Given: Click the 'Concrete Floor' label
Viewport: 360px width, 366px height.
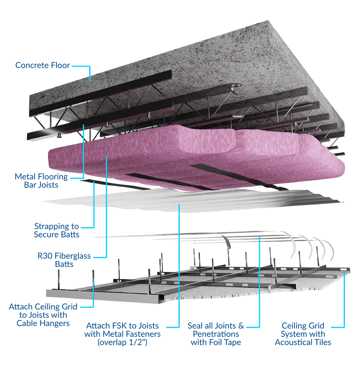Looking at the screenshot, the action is pyautogui.click(x=42, y=65).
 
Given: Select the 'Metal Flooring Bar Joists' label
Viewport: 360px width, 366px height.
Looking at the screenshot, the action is pyautogui.click(x=41, y=181).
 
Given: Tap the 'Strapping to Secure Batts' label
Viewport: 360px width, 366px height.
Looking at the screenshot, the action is pyautogui.click(x=57, y=231).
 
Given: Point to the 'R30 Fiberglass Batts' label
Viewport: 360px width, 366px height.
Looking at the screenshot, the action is pyautogui.click(x=64, y=260).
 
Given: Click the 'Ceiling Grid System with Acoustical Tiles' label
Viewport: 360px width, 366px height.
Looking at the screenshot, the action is pyautogui.click(x=303, y=334).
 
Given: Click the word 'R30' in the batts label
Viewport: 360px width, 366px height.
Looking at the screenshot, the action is pyautogui.click(x=45, y=256).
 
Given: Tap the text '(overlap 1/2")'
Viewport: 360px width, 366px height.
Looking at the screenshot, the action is pyautogui.click(x=122, y=343).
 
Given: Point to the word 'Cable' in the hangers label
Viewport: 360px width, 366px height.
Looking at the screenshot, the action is pyautogui.click(x=26, y=323).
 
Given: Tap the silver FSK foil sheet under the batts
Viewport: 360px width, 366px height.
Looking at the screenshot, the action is pyautogui.click(x=194, y=200).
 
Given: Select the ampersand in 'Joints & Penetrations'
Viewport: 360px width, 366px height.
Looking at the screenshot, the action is pyautogui.click(x=241, y=326).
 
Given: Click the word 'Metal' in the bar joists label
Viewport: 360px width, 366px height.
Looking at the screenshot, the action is pyautogui.click(x=25, y=177).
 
